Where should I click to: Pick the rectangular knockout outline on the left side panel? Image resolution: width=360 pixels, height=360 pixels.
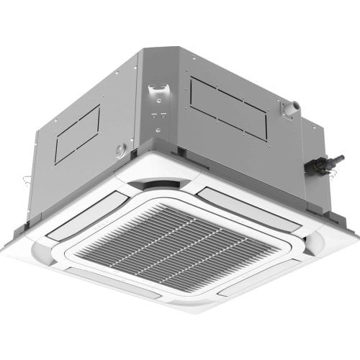click(77, 134)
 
